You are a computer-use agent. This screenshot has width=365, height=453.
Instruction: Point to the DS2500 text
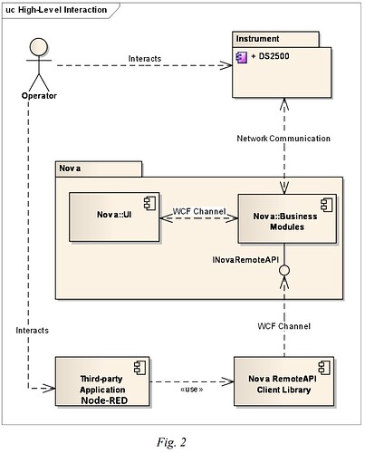point(269,57)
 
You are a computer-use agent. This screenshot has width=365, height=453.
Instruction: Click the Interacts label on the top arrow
point(145,59)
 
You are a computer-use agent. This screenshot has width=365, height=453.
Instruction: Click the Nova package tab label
point(69,169)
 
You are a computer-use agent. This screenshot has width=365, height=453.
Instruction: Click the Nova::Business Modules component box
point(285,220)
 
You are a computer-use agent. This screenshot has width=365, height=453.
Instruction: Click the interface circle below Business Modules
point(285,270)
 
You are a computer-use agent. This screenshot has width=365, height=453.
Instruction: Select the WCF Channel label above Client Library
point(284,325)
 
